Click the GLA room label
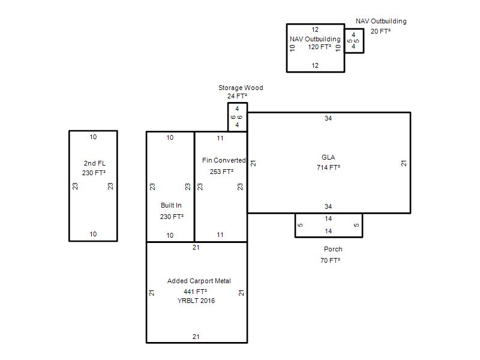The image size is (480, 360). [328, 157]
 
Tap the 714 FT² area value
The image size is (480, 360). [328, 167]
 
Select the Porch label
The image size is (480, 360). [333, 249]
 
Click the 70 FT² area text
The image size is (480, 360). [331, 260]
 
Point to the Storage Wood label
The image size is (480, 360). [241, 88]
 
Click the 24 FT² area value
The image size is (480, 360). [237, 96]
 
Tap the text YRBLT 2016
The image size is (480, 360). [196, 301]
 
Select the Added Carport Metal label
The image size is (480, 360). [199, 281]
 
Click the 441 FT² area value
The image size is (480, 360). [196, 292]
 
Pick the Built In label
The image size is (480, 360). [171, 205]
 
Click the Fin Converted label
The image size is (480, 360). [224, 160]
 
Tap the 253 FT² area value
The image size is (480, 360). [221, 172]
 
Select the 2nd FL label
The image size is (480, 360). [95, 163]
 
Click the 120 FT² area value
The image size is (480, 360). [320, 47]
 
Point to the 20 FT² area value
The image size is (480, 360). [380, 31]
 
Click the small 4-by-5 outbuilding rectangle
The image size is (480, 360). [354, 29]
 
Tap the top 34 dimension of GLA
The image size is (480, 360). [328, 118]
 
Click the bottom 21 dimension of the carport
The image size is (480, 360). [196, 337]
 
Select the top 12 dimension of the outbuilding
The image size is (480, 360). [315, 29]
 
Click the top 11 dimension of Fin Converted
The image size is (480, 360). [220, 139]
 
